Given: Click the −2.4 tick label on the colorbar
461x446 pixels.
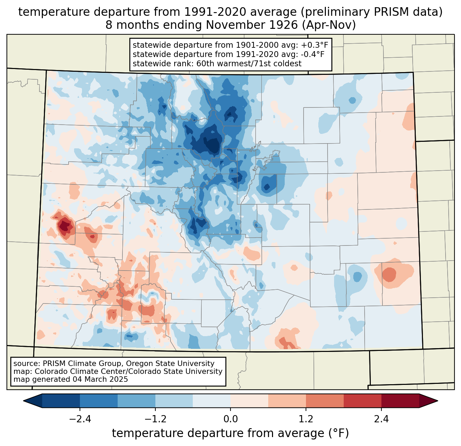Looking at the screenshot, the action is [x=80, y=419].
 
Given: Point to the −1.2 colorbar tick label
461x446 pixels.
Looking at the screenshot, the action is [x=155, y=419].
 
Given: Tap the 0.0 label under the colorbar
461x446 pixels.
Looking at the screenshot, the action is [x=230, y=419].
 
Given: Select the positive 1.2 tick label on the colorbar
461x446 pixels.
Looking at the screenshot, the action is [x=306, y=419].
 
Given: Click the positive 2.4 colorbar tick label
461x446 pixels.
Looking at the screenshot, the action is [x=381, y=419].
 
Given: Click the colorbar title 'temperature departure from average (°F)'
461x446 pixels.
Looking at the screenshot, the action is [x=230, y=433].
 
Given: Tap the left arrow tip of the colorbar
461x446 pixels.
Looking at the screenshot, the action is [x=24, y=401].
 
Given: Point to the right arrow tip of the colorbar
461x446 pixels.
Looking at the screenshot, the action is [x=438, y=401].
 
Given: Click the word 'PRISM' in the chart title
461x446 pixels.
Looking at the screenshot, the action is [x=386, y=12].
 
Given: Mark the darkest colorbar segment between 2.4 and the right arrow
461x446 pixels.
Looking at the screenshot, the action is [x=400, y=401].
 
